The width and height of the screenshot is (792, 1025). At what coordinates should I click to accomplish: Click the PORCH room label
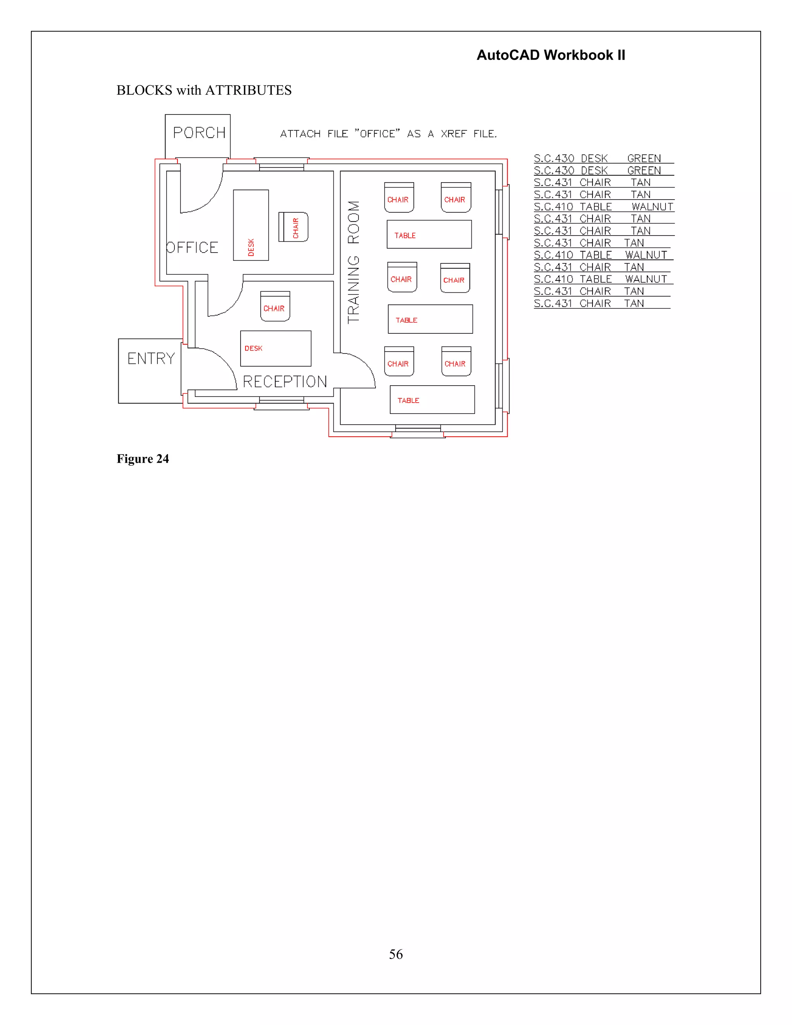(200, 133)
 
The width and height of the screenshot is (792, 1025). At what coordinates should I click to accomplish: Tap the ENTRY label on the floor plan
(151, 359)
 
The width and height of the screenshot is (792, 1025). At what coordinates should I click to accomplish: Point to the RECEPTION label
(285, 381)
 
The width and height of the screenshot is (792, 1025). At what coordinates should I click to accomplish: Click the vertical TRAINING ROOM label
(353, 262)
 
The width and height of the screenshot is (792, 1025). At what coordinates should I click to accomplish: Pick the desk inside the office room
(251, 225)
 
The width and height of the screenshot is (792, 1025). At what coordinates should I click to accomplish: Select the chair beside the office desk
(293, 227)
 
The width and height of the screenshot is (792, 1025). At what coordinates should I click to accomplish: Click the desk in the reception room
(275, 348)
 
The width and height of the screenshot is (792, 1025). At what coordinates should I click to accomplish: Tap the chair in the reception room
(275, 306)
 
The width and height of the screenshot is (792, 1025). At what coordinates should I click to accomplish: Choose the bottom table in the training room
(432, 400)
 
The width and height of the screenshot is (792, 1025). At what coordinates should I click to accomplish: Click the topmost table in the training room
(429, 234)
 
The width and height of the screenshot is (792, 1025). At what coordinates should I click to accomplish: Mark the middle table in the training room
(430, 319)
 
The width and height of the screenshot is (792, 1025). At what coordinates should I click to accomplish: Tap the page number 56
(396, 954)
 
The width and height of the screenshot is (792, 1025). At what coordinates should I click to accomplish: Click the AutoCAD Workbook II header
(551, 55)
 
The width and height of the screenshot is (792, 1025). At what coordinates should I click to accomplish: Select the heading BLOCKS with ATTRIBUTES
(204, 90)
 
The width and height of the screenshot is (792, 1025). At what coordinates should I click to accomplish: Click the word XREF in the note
(453, 134)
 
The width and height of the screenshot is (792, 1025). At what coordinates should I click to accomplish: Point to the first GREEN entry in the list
(644, 158)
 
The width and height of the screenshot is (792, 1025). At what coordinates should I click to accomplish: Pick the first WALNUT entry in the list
(652, 207)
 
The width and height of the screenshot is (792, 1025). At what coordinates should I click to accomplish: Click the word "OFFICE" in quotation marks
(377, 134)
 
